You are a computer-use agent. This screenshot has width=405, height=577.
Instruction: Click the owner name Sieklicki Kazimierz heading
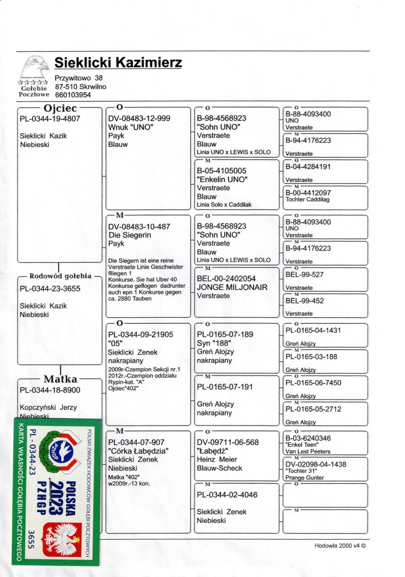point(118,63)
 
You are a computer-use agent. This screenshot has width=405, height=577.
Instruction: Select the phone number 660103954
point(73,95)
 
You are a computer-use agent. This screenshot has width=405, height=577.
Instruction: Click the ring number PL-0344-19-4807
point(50,119)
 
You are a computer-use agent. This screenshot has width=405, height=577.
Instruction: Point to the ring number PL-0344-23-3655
point(50,289)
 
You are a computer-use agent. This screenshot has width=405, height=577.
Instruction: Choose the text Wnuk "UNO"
point(131,127)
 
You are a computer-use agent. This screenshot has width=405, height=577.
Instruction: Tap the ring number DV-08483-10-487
point(140,226)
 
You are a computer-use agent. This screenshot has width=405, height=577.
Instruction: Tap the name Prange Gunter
point(305,478)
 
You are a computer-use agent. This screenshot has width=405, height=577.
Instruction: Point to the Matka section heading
point(60,379)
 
